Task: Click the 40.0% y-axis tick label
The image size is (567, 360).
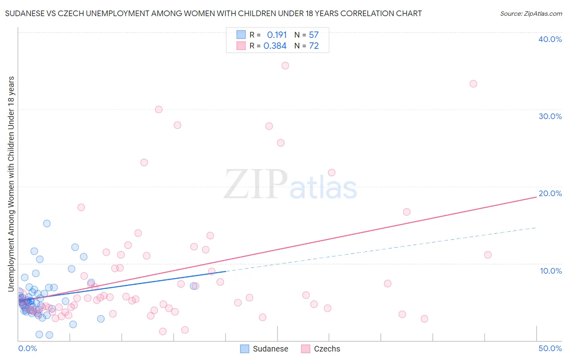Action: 550,39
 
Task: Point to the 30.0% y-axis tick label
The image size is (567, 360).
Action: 550,116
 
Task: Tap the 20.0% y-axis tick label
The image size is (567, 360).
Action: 550,193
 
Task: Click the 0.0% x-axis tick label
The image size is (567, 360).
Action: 27,348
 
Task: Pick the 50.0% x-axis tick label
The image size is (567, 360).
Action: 550,348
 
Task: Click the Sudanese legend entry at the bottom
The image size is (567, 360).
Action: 270,349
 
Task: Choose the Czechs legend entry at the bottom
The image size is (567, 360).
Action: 327,349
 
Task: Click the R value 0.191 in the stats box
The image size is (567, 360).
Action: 277,35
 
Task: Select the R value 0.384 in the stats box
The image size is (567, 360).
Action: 275,46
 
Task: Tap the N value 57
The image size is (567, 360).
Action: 314,35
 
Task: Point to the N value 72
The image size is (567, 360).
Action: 314,46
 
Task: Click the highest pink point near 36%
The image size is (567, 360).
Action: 285,65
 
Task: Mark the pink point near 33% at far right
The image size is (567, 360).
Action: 473,84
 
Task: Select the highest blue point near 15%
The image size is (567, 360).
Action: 47,223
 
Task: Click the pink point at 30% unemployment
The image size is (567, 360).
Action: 158,109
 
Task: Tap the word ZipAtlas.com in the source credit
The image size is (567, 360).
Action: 543,14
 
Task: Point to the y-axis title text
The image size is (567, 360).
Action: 11,184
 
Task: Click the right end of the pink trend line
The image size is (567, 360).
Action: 536,197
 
